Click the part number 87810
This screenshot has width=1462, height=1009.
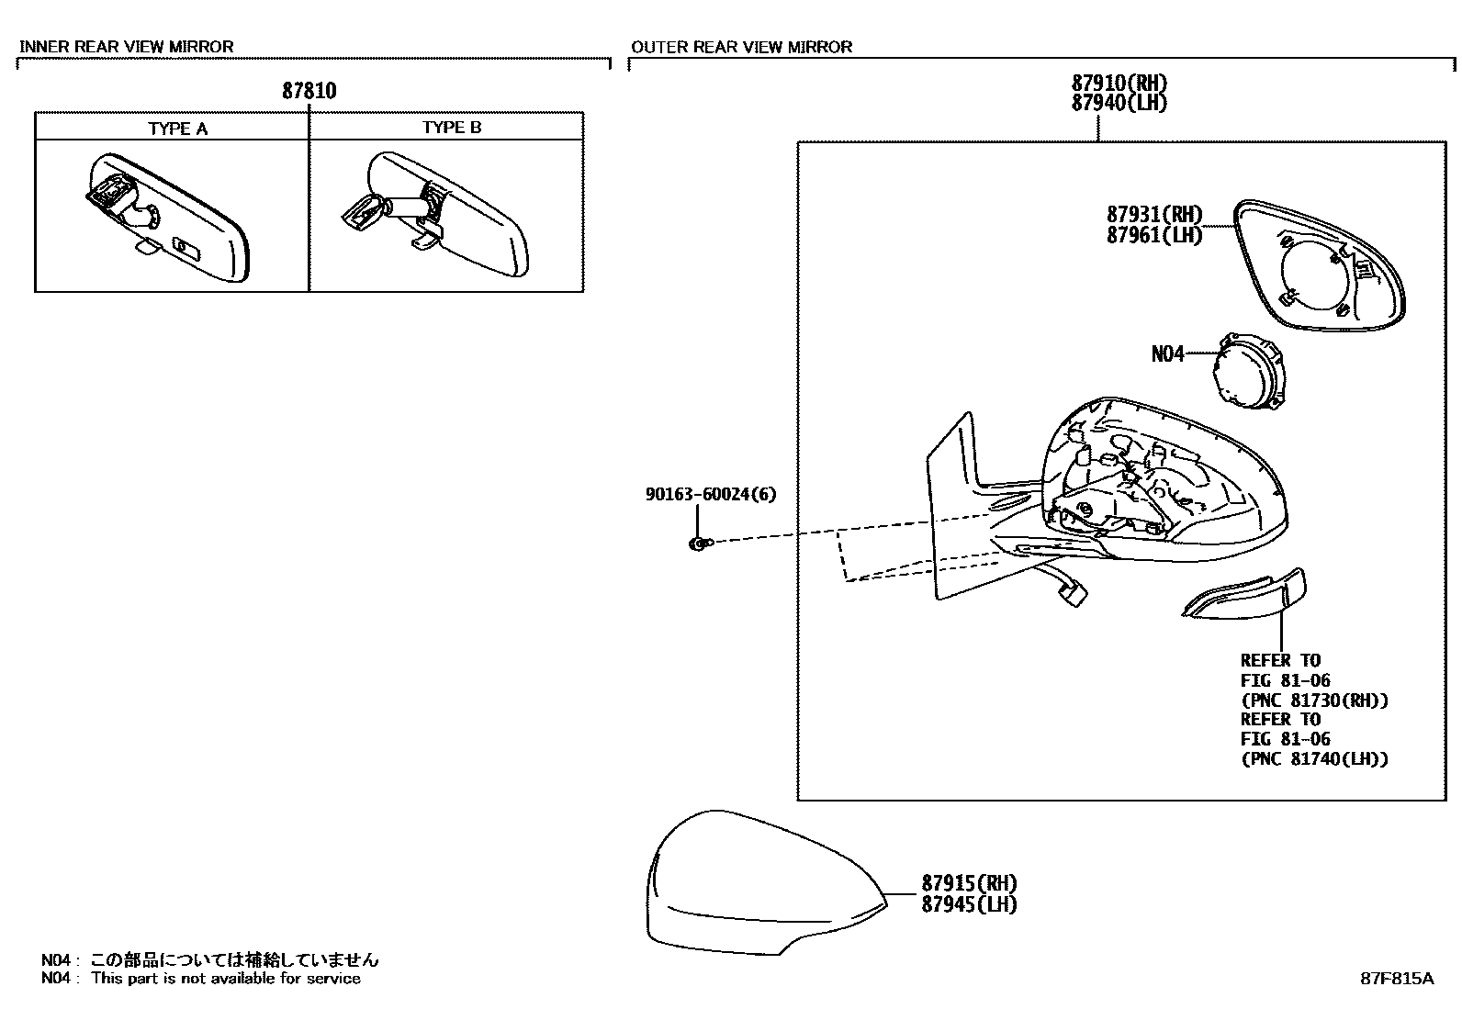[x=309, y=91]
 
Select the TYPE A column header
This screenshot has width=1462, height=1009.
[x=178, y=129]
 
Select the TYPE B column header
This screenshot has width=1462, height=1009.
[x=451, y=128]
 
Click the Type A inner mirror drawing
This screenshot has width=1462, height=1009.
[x=171, y=219]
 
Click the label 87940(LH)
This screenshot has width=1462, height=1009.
[x=1119, y=103]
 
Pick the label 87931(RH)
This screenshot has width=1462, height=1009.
[x=1153, y=215]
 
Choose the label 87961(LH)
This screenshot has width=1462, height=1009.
[x=1153, y=235]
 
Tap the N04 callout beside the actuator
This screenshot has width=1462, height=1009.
[x=1168, y=354]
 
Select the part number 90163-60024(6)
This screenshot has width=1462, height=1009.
[x=710, y=494]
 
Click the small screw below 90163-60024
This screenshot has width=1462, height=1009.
[x=699, y=544]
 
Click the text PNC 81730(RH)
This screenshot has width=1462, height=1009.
[x=1314, y=701]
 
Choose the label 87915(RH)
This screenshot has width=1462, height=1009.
[x=970, y=884]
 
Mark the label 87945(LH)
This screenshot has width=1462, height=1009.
[x=970, y=904]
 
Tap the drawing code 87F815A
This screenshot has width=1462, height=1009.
[x=1396, y=979]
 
